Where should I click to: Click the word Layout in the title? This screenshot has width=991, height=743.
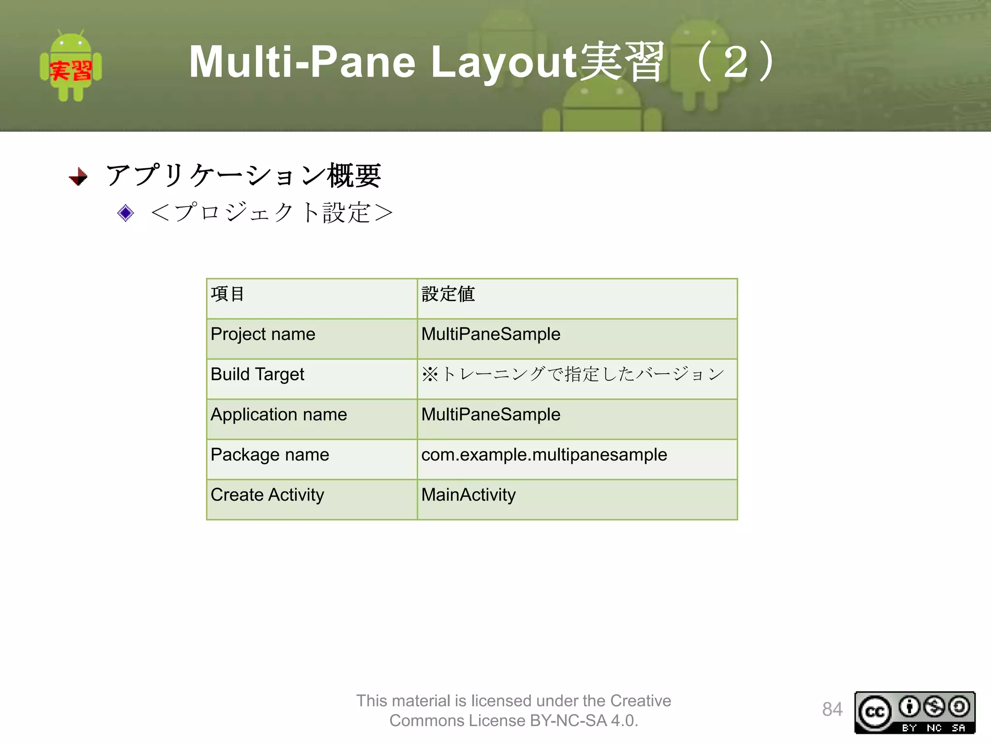pos(503,62)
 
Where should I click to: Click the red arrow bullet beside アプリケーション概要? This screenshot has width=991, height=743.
pos(78,177)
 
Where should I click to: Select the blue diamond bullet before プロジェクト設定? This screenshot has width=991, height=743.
pos(125,213)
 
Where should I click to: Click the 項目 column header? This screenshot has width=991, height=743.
pos(228,294)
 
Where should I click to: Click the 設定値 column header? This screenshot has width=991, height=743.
pos(448,294)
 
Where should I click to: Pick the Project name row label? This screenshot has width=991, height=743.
pos(263,334)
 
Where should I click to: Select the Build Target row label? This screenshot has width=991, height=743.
pos(257,374)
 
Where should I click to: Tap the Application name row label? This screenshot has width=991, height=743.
pos(279,415)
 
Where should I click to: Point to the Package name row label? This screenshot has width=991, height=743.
pos(270,455)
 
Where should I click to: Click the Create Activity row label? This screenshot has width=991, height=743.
pos(267,495)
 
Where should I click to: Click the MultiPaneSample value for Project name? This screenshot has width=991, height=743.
pos(491,334)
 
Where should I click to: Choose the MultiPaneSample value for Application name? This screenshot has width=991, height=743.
pos(491,415)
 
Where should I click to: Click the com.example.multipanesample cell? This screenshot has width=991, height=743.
pos(544,455)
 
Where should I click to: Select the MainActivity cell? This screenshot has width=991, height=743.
pos(468,495)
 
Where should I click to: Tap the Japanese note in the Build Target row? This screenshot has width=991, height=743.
pos(573,374)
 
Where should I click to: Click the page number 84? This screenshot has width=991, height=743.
pos(832,710)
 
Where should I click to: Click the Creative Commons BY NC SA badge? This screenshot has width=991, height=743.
pos(915,713)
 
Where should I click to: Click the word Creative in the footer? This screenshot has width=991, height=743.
pos(640,701)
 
